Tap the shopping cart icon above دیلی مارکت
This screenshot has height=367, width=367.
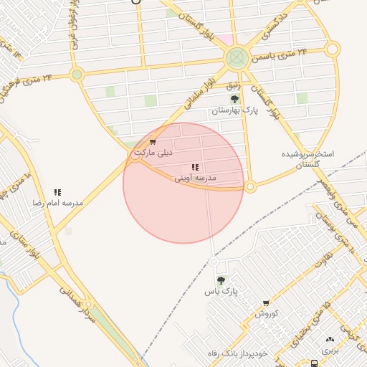[x=153, y=142]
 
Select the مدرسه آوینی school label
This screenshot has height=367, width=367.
[x=196, y=177]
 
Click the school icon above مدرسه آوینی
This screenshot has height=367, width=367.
[x=196, y=167]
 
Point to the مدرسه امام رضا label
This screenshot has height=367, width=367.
[x=57, y=203]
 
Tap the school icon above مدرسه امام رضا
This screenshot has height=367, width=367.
[x=57, y=192]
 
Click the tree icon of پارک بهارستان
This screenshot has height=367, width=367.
[x=234, y=99]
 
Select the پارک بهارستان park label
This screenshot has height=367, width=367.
[x=234, y=110]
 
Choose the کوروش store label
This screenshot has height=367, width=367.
[x=266, y=314]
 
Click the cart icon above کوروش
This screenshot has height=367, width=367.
[x=266, y=304]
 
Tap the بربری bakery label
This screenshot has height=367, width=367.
[x=329, y=350]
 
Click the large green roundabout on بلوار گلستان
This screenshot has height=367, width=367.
[x=237, y=58]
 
